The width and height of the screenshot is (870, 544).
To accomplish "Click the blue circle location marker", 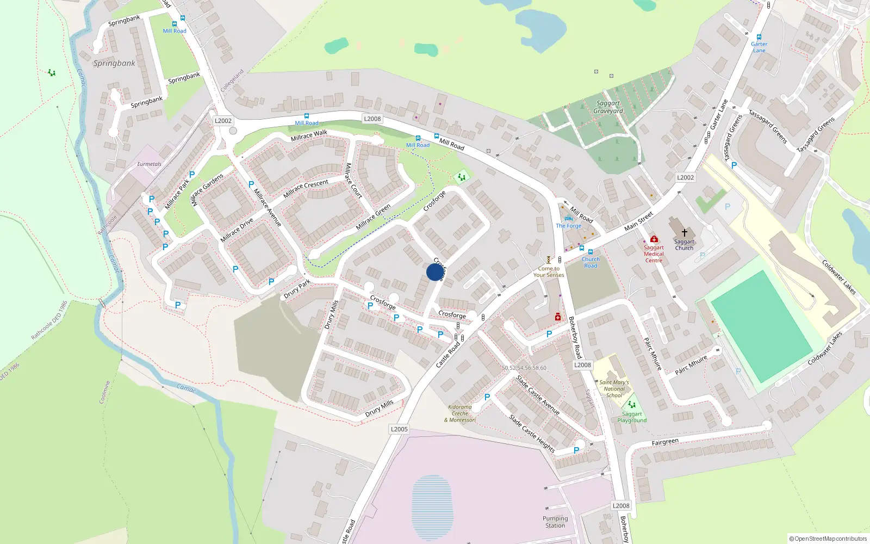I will point(434,272).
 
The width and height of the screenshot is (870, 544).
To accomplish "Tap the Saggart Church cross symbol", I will point(684,232).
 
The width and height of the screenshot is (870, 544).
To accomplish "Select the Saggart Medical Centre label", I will point(654,254).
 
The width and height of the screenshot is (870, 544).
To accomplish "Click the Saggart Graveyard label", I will point(608,107).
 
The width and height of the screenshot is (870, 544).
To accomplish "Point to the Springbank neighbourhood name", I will point(114,63).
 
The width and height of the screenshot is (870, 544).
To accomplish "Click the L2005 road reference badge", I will point(399,429).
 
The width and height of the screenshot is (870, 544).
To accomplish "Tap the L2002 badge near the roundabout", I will point(223,121).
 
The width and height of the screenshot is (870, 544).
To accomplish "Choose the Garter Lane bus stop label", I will point(759,47).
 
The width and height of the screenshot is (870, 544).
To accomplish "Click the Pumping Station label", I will point(555,522).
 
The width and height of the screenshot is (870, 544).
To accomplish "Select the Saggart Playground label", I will point(632,417).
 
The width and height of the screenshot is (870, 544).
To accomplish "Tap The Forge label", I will point(569,226).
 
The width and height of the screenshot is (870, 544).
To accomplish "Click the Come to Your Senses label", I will point(549,271).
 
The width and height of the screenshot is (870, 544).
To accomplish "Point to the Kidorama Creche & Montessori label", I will point(460,413).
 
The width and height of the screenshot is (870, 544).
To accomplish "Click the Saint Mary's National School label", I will point(614,388).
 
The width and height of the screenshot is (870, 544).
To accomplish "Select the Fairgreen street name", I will point(665,442).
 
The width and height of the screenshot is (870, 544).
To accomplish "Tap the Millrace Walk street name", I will point(309,135).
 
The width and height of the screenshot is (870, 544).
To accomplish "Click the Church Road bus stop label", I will point(591,263).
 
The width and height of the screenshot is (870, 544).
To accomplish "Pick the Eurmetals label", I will point(149,164).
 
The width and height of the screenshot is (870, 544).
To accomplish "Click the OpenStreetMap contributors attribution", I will point(828,539).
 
